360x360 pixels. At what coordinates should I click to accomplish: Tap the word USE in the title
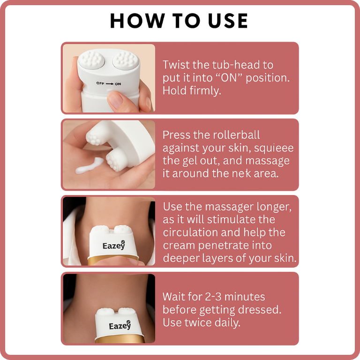[227, 21]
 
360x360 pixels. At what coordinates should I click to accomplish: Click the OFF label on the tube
[100, 83]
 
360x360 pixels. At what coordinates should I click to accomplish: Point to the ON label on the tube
[118, 84]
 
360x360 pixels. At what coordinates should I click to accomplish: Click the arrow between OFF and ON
[110, 84]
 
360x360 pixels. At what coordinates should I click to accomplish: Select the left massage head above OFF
[91, 60]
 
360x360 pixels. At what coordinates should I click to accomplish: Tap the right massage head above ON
[126, 60]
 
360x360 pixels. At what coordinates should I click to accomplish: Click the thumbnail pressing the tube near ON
[115, 99]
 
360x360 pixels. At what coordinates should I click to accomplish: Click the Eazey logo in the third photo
[114, 246]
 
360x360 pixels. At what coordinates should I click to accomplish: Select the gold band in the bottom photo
[120, 339]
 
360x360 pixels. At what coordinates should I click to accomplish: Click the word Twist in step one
[176, 65]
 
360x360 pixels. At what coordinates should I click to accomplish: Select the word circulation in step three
[190, 232]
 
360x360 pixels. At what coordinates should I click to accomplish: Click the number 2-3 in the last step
[213, 297]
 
